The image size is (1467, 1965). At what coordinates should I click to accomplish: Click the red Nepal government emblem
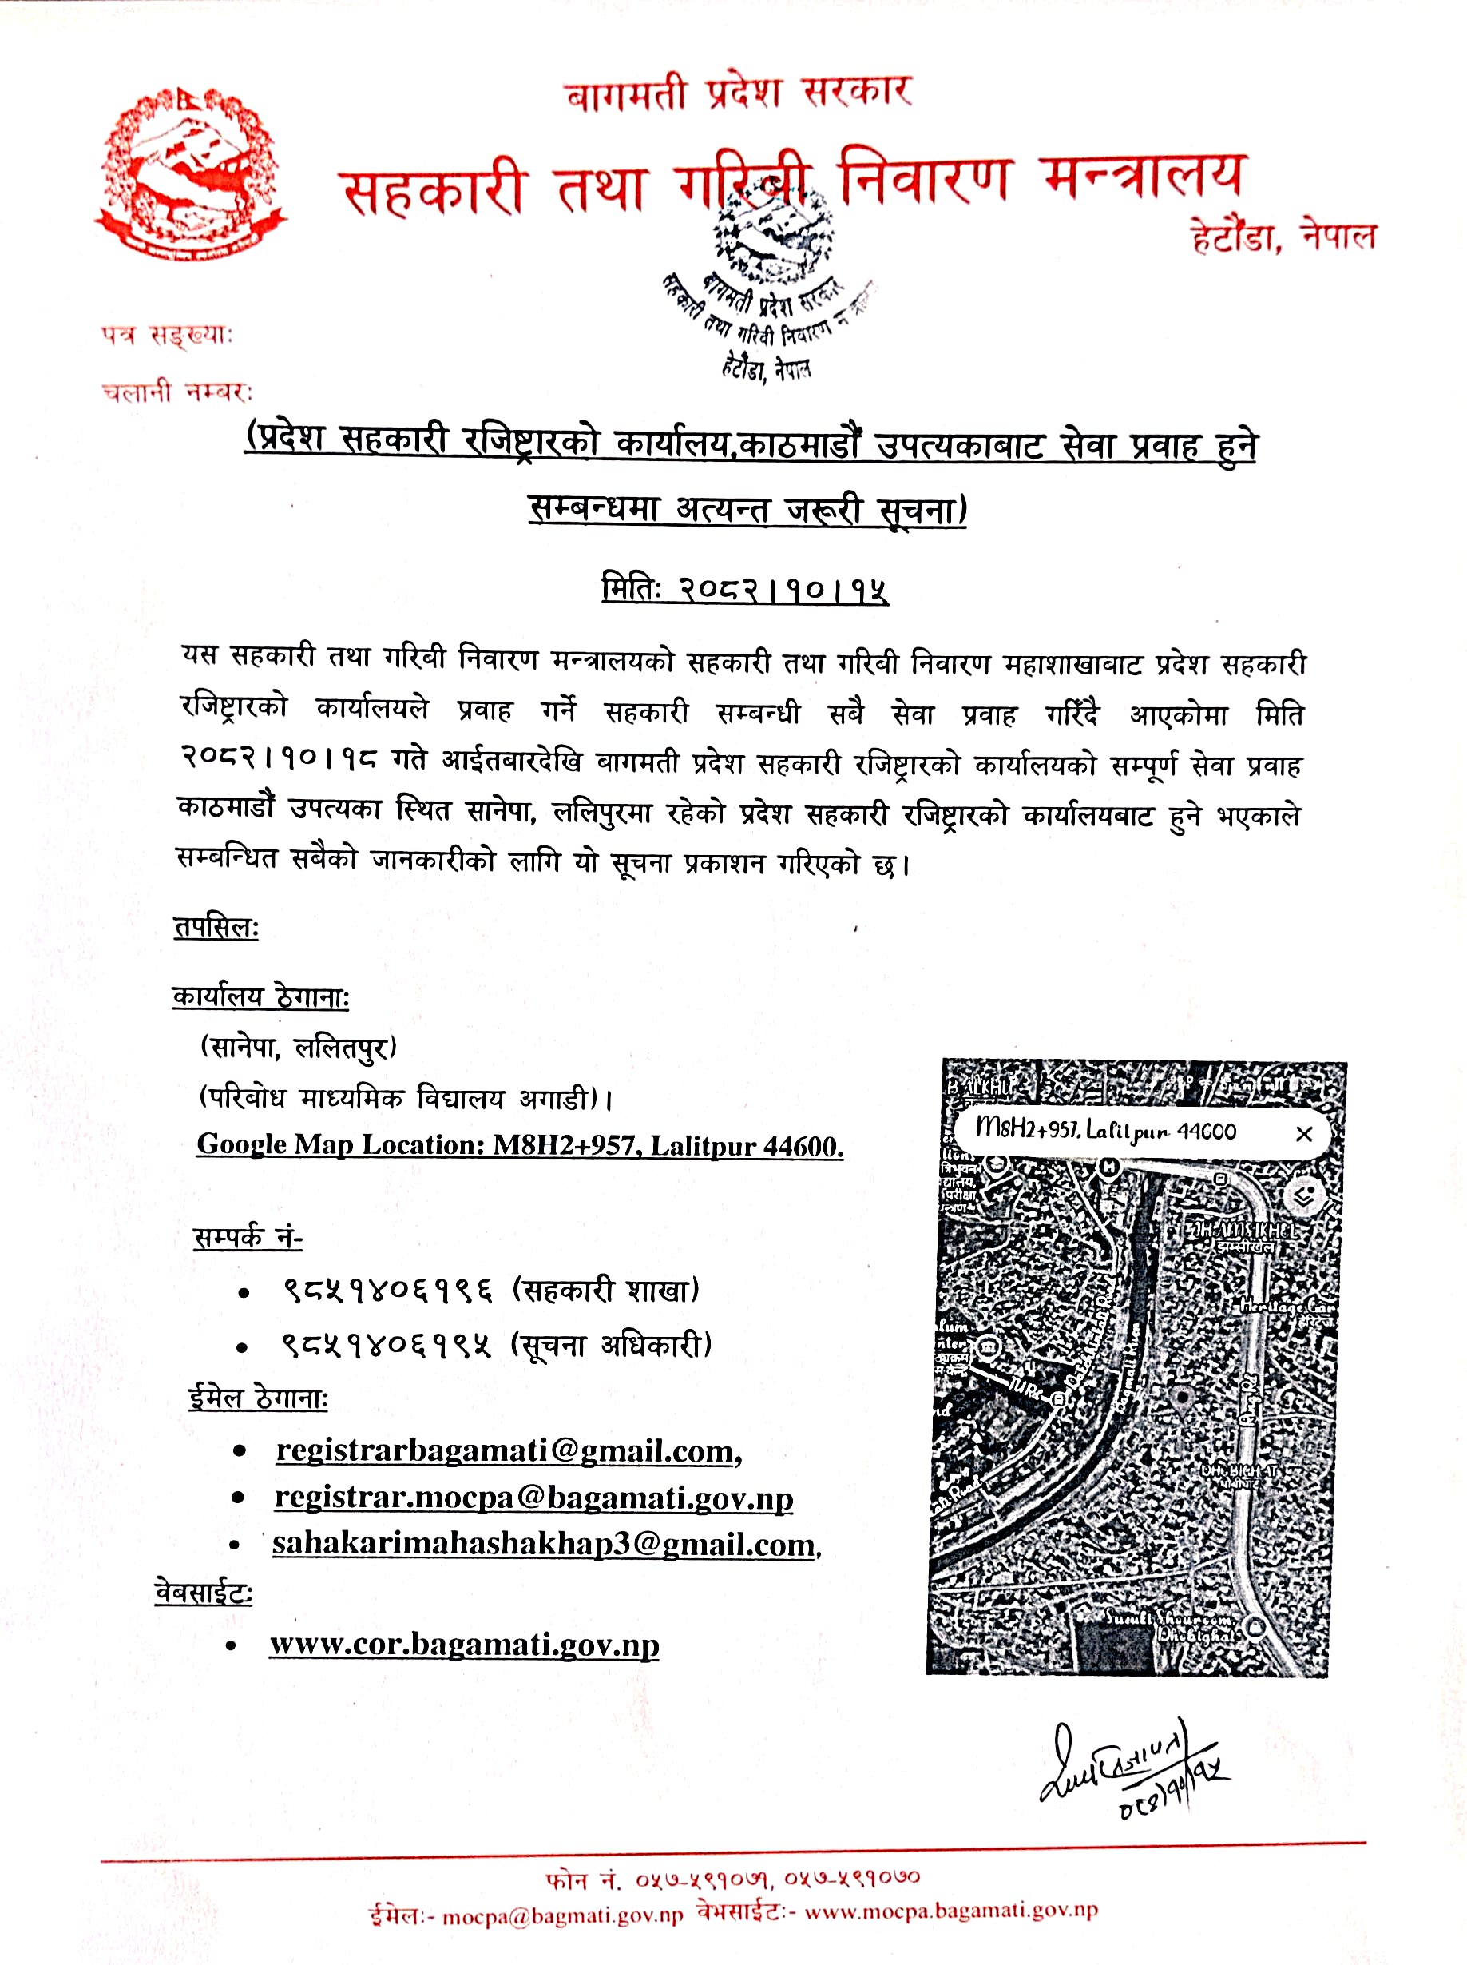tap(190, 173)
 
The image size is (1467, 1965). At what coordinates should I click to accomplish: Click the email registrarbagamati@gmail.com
tap(507, 1450)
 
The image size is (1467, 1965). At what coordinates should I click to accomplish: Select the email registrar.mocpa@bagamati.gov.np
tap(533, 1498)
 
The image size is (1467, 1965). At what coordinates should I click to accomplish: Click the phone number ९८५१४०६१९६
tap(388, 1290)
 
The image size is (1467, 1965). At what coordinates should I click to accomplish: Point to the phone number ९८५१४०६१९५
tap(387, 1346)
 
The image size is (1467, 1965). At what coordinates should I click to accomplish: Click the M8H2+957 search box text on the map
tap(1104, 1131)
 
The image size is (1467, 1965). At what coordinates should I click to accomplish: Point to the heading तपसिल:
tap(216, 929)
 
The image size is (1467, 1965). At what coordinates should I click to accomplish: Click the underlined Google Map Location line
tap(520, 1145)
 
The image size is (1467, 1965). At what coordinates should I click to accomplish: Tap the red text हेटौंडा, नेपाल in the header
tap(1283, 237)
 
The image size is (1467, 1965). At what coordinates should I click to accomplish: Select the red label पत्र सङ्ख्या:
tap(167, 335)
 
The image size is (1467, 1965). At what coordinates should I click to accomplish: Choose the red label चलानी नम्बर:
tap(176, 392)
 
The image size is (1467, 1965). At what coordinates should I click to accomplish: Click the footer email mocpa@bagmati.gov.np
tap(563, 1916)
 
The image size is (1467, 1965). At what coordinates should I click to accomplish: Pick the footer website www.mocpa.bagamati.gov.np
tap(951, 1911)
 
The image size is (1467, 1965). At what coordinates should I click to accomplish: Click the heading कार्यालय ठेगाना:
tap(260, 997)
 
